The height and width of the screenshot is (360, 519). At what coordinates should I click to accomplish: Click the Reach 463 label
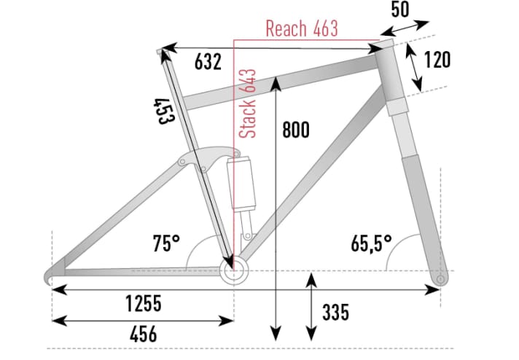[x=302, y=29]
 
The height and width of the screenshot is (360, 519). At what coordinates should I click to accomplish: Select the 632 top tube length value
[x=208, y=63]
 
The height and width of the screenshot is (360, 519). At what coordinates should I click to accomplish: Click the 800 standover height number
[x=296, y=130]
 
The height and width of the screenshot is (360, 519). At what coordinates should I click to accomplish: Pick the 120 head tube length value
[x=437, y=60]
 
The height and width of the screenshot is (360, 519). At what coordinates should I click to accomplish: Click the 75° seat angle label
[x=166, y=242]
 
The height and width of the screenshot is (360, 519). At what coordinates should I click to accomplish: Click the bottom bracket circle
[x=233, y=272]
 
